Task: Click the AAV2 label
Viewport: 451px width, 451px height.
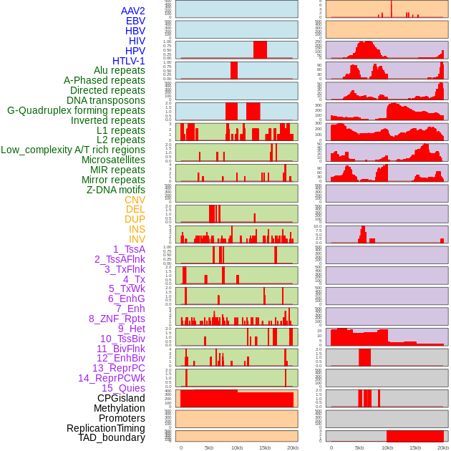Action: pyautogui.click(x=132, y=11)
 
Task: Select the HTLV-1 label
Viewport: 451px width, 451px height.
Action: pyautogui.click(x=128, y=61)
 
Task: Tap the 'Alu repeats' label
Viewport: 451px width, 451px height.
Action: pyautogui.click(x=119, y=70)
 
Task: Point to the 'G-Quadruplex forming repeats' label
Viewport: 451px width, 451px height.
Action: pyautogui.click(x=76, y=110)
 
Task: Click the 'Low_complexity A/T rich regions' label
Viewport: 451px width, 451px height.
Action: pyautogui.click(x=73, y=150)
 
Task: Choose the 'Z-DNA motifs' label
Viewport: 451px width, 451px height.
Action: pyautogui.click(x=115, y=190)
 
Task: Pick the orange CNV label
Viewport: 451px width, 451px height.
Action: pyautogui.click(x=135, y=200)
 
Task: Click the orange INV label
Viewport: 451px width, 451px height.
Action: pyautogui.click(x=137, y=239)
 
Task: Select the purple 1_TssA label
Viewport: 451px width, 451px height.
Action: pyautogui.click(x=129, y=249)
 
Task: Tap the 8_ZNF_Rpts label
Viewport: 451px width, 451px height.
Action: pyautogui.click(x=117, y=319)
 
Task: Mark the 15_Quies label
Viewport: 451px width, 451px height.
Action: pyautogui.click(x=123, y=388)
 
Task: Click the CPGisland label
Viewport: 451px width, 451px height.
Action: pyautogui.click(x=121, y=398)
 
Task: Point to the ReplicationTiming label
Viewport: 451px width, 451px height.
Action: pyautogui.click(x=105, y=428)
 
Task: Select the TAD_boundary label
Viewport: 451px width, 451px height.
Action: pyautogui.click(x=111, y=437)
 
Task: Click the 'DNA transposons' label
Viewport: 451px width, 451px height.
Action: pyautogui.click(x=105, y=100)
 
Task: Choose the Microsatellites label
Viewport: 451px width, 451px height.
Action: pyautogui.click(x=113, y=160)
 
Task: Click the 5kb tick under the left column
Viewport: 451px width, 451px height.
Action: pyautogui.click(x=209, y=447)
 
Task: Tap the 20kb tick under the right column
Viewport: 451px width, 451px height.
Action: pyautogui.click(x=443, y=447)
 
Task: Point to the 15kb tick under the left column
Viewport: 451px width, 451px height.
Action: pyautogui.click(x=264, y=447)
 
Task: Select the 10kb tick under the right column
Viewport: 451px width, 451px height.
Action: pyautogui.click(x=387, y=447)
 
